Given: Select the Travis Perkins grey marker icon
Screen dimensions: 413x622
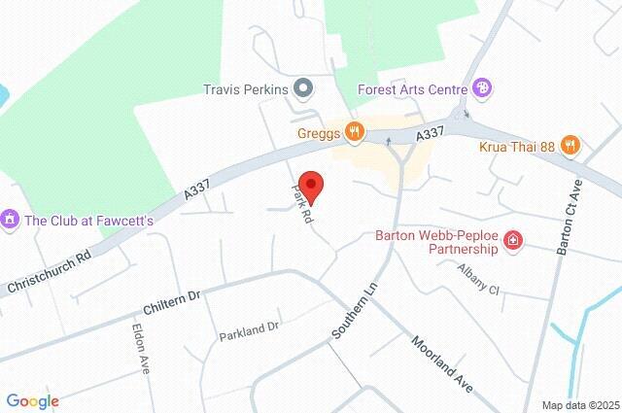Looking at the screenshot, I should [303, 89].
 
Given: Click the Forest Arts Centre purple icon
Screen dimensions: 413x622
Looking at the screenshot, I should [483, 88].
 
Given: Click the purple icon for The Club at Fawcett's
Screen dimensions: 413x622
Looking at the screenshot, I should [11, 220].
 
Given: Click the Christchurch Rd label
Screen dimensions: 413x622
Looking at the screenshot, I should [49, 272].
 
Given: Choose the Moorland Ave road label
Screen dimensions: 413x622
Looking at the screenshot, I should [440, 363].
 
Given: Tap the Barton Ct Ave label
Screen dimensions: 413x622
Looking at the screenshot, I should [570, 218].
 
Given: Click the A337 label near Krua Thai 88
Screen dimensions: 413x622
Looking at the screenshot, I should [430, 135].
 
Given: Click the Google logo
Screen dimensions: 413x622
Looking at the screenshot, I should [32, 401].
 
